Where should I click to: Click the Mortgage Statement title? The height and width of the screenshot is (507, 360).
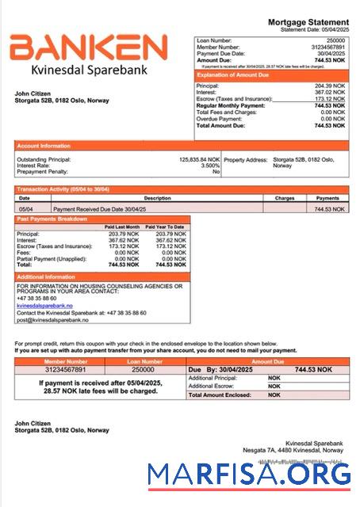click(x=308, y=22)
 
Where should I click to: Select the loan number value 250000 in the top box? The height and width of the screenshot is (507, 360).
click(x=335, y=39)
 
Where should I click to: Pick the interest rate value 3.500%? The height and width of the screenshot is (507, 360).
click(x=210, y=166)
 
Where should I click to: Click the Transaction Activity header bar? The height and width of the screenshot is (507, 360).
click(x=63, y=190)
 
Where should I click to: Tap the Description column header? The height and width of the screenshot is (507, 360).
click(x=157, y=198)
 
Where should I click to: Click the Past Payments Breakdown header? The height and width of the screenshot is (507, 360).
click(x=52, y=219)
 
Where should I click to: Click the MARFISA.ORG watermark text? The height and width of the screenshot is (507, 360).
click(x=249, y=474)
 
